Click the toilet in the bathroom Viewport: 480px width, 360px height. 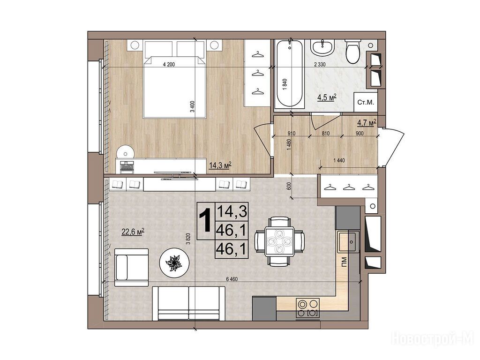[x=353, y=52]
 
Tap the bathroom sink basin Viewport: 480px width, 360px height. [x=322, y=47]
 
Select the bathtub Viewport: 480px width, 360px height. [x=289, y=75]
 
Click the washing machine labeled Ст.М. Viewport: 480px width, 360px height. [x=366, y=102]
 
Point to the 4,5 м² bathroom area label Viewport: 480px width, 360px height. [x=327, y=97]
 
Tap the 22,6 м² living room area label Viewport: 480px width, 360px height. [x=133, y=232]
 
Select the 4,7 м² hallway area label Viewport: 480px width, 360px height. [x=367, y=123]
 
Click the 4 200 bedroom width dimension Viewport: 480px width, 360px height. [x=169, y=65]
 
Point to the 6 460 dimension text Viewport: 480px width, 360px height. [x=232, y=279]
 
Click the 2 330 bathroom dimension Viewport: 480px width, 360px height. [x=320, y=65]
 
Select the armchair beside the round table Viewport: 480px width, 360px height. [x=131, y=268]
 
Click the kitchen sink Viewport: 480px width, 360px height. [x=349, y=241]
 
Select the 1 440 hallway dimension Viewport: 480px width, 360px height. [x=339, y=160]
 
